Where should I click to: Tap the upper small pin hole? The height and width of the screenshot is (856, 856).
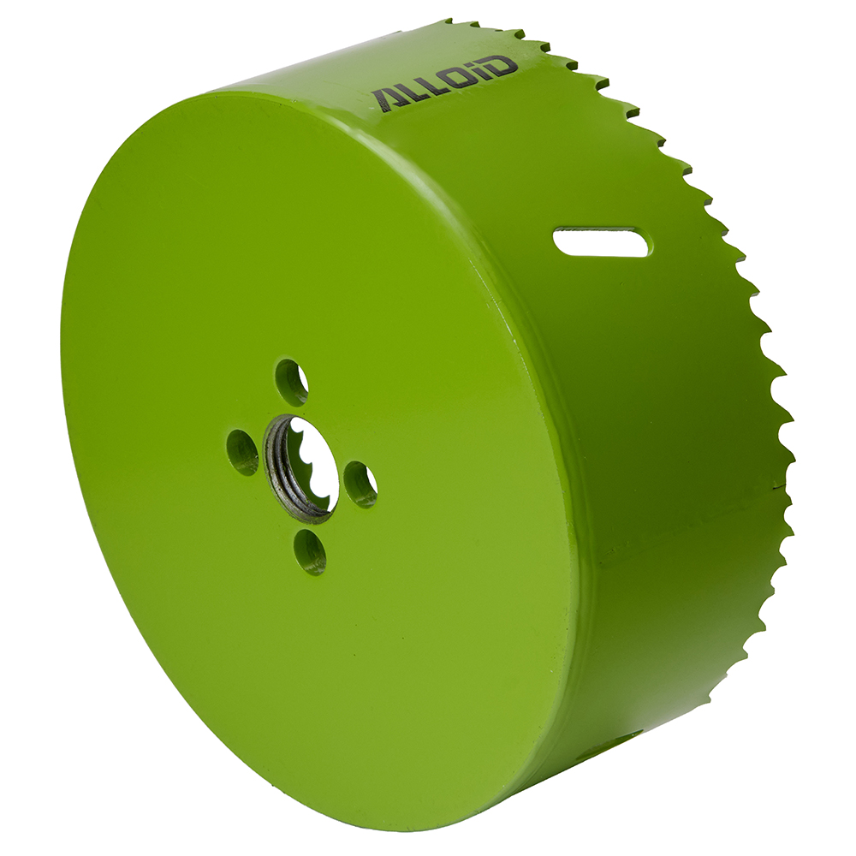[x=292, y=382]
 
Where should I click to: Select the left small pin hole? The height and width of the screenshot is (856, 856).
[x=242, y=453]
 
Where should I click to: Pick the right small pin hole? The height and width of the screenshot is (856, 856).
[x=360, y=484]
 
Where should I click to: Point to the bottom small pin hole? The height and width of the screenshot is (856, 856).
[x=310, y=552]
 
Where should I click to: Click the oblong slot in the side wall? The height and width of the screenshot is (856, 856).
[x=603, y=241]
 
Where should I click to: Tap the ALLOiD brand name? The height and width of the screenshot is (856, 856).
[x=443, y=81]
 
